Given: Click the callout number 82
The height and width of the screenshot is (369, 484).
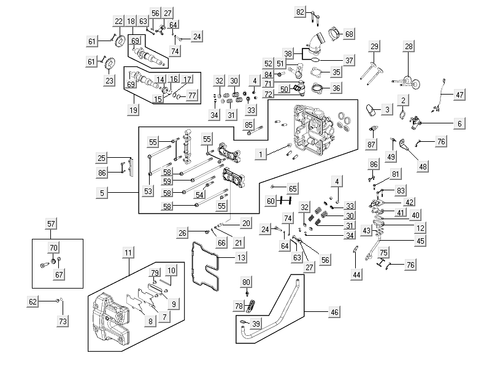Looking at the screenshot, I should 300,12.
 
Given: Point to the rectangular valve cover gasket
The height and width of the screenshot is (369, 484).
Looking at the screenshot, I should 206,265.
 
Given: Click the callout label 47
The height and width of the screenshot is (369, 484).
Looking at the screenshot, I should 459,95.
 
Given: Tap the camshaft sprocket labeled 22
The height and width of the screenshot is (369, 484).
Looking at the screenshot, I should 119,42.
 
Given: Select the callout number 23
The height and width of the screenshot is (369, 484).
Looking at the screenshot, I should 109,80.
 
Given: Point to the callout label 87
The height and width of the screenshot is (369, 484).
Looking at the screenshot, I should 371,144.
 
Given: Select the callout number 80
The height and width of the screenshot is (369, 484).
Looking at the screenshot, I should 247,282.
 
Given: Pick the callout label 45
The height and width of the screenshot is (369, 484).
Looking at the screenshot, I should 420,241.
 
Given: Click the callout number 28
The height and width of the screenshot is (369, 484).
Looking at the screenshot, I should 409,46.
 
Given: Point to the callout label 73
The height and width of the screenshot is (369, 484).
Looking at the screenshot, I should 63,321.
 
